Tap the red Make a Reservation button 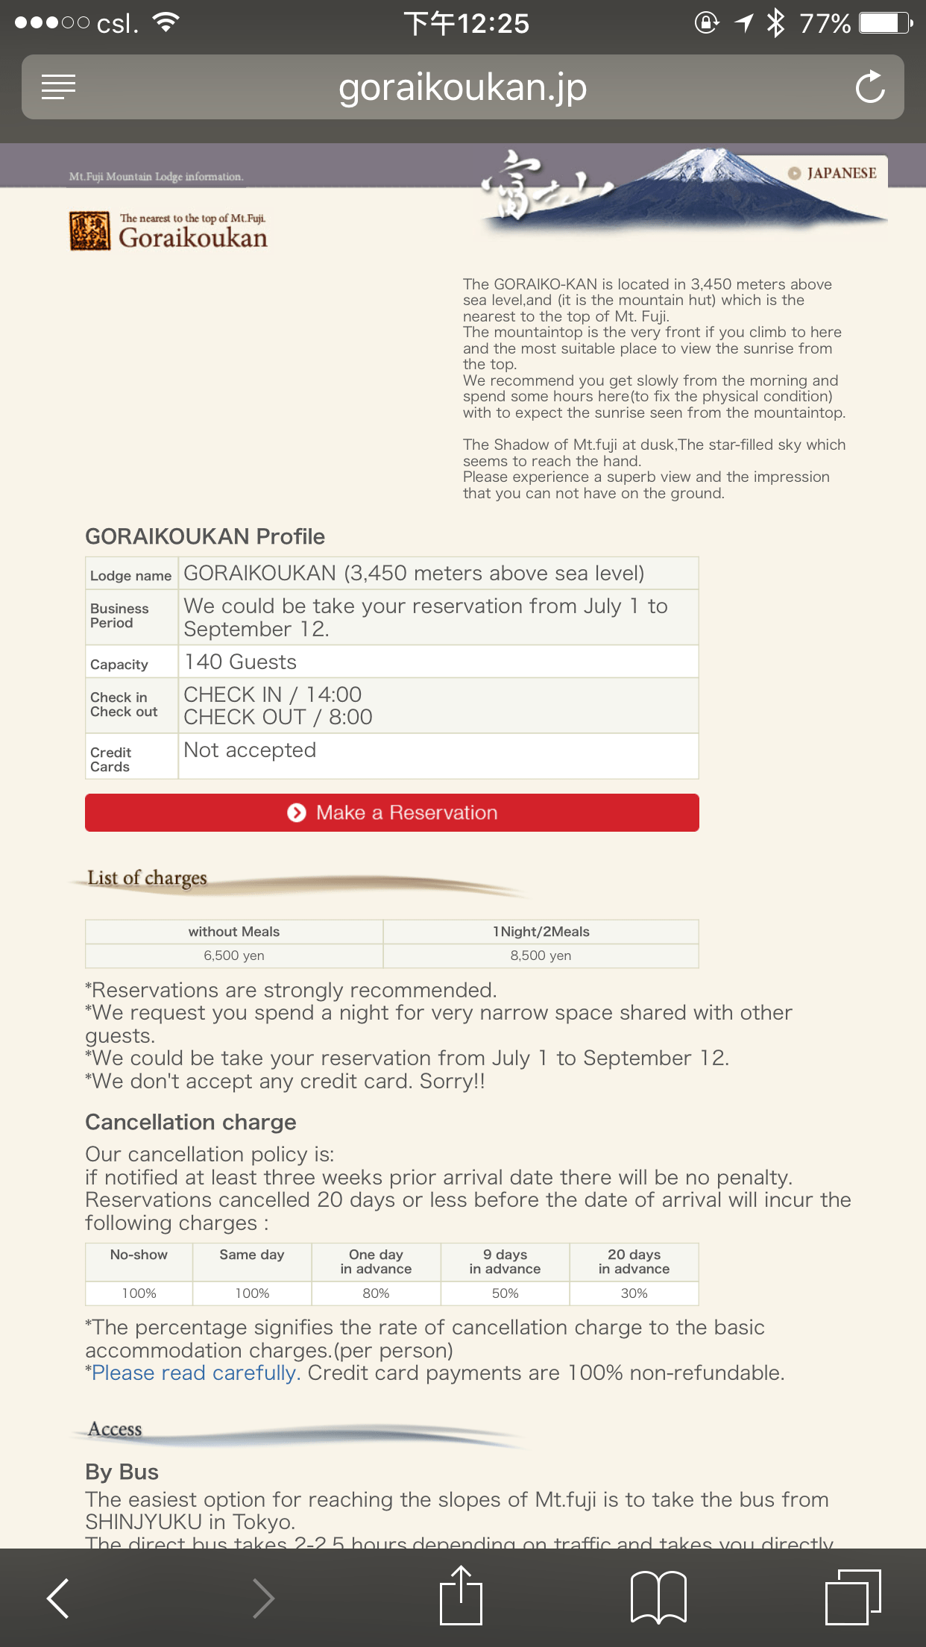[392, 812]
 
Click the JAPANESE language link [835, 173]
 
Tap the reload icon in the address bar [869, 87]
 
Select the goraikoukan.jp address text [462, 87]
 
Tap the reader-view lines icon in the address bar [58, 87]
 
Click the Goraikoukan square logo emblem [89, 231]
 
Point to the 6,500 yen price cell [234, 956]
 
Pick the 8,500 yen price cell [541, 956]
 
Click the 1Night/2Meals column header [541, 932]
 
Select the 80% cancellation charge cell [376, 1293]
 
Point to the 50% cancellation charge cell [505, 1293]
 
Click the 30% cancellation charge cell [634, 1293]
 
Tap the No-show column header [139, 1255]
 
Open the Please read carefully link [194, 1373]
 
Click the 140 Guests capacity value [240, 662]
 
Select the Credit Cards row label [110, 759]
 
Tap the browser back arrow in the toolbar [58, 1598]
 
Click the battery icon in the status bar [885, 23]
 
